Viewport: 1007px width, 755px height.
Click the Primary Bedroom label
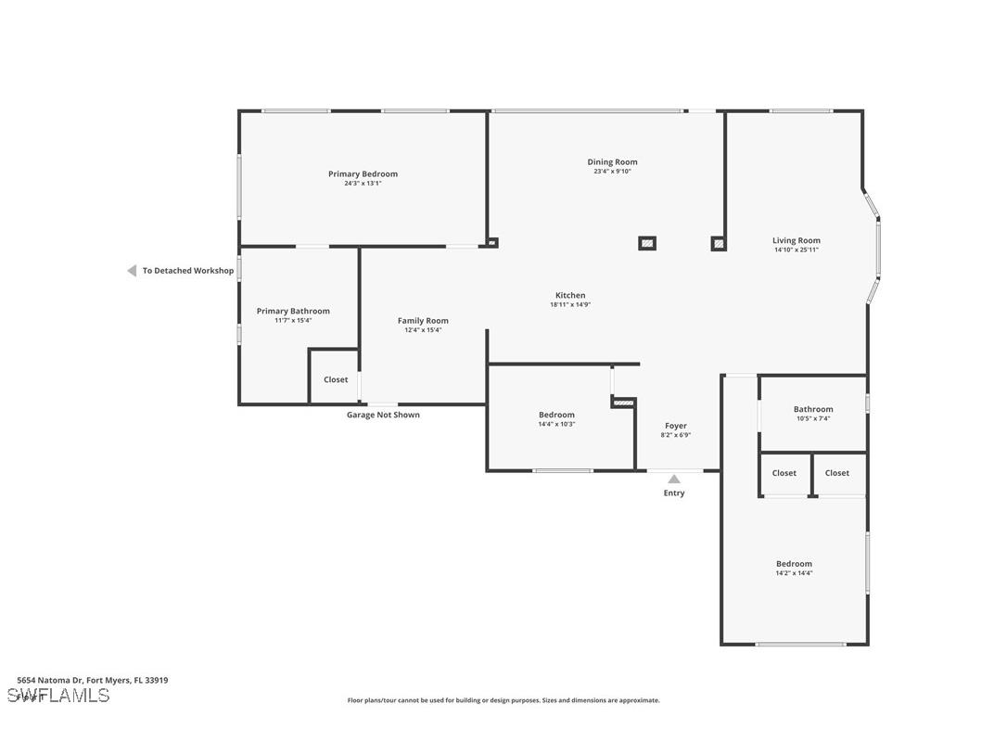[363, 173]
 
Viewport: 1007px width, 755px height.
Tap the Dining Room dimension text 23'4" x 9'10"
[612, 172]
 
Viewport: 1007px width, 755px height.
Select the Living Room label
[796, 240]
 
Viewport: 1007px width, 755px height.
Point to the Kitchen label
[570, 295]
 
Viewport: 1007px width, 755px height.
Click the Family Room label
[423, 321]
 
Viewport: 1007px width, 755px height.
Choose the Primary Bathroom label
[293, 311]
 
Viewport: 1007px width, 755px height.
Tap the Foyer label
[675, 426]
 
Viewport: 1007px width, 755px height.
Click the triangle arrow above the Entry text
[674, 479]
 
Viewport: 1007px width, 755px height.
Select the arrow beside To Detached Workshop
[132, 271]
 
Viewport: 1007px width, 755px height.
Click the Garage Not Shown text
[383, 415]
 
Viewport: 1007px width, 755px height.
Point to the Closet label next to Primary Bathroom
[336, 379]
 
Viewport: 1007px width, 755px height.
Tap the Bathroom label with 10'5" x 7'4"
[813, 409]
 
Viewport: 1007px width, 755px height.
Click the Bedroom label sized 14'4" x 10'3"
[556, 415]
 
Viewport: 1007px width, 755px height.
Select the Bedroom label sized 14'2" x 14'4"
[794, 564]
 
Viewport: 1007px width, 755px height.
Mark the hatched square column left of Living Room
[719, 244]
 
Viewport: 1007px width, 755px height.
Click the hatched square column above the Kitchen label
[647, 243]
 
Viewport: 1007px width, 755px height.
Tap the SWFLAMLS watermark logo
[58, 696]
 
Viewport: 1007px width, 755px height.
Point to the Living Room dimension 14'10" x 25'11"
[796, 250]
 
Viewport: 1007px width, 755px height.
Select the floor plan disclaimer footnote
[503, 700]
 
